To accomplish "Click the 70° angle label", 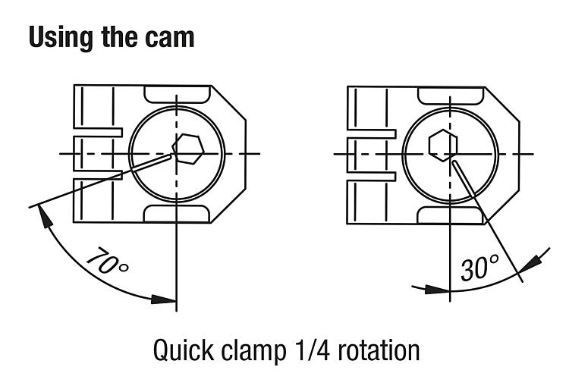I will click(x=107, y=262).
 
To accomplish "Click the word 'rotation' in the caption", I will click(x=379, y=350).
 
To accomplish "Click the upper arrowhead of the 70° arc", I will click(x=44, y=215).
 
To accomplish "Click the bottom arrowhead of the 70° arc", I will click(x=163, y=297).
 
